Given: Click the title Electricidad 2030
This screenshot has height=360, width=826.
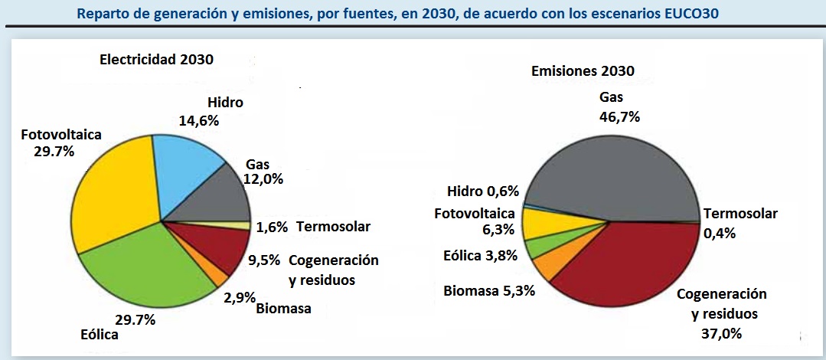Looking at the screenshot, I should pyautogui.click(x=156, y=59).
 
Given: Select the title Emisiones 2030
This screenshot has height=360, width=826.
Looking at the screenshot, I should pyautogui.click(x=583, y=71).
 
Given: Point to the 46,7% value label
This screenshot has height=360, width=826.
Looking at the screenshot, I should pyautogui.click(x=620, y=117).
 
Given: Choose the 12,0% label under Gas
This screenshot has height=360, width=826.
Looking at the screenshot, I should pyautogui.click(x=263, y=180).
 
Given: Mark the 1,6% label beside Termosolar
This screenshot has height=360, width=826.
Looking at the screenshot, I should pyautogui.click(x=272, y=227).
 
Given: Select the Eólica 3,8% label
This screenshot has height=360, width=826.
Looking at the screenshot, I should pyautogui.click(x=480, y=256).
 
